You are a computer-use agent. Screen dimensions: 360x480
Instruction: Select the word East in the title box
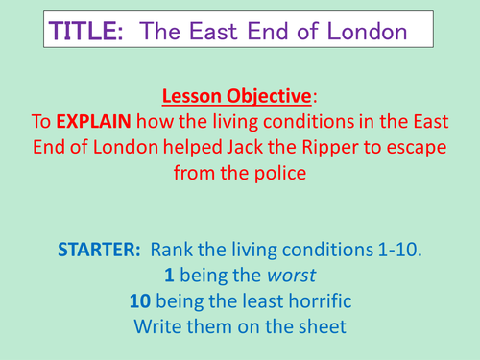tap(211, 31)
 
